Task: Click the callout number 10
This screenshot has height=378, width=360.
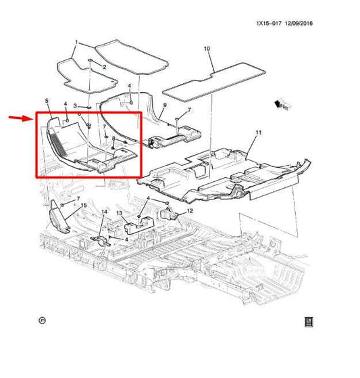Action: click(x=207, y=49)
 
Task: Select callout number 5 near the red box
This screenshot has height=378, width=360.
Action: click(x=47, y=101)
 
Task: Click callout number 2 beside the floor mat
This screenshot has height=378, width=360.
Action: click(x=104, y=67)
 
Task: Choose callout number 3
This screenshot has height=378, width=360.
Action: click(x=76, y=106)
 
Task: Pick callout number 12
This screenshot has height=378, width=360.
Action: click(x=190, y=211)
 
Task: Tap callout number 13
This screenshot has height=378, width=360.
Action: click(x=119, y=213)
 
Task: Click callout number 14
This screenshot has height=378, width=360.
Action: click(x=104, y=212)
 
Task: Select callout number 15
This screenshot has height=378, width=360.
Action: click(x=84, y=204)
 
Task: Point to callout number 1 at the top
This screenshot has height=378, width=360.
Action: click(x=76, y=43)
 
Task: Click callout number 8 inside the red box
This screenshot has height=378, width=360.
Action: click(x=113, y=139)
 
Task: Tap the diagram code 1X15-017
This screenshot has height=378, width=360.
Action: click(x=267, y=24)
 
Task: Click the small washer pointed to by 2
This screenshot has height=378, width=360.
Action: click(x=90, y=62)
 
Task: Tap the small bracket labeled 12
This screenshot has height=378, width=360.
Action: click(x=172, y=214)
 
